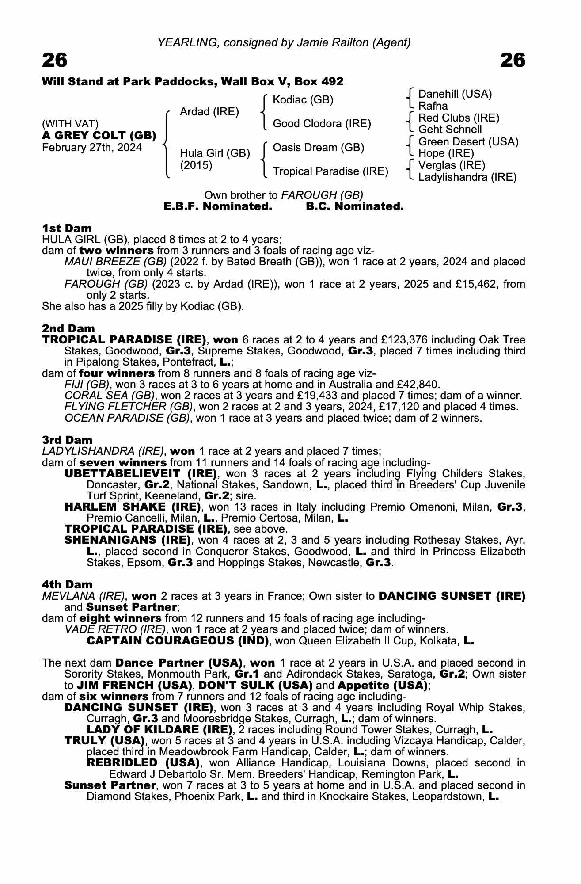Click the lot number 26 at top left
(55, 60)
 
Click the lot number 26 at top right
(513, 60)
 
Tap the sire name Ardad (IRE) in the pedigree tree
(209, 112)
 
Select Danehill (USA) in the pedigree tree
(455, 94)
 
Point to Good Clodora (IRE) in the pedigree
(322, 124)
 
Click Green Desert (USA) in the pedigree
(468, 142)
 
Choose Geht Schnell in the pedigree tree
(450, 130)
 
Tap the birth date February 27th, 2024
(92, 148)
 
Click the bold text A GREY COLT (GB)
(99, 136)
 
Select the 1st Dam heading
(67, 228)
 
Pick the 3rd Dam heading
(67, 440)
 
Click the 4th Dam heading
(67, 584)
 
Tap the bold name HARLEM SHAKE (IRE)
(133, 507)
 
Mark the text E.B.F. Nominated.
(217, 206)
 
